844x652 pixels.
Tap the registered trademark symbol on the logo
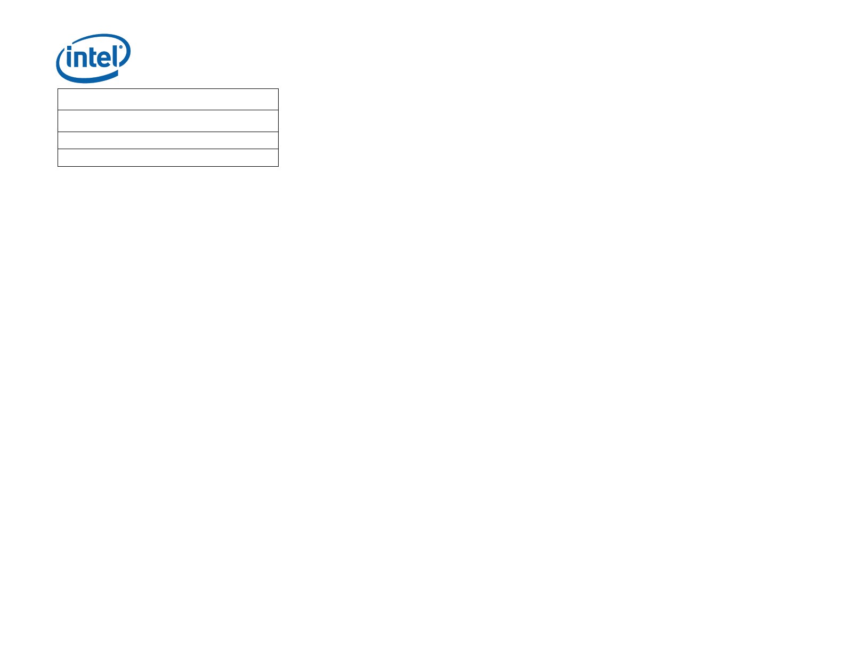[x=121, y=47]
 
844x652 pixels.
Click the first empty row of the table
[x=168, y=100]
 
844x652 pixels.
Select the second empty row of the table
[x=168, y=121]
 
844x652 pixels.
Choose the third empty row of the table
[x=168, y=141]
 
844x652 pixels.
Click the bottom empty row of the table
[x=168, y=158]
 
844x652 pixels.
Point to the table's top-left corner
[x=58, y=89]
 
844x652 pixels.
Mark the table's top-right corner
[x=278, y=89]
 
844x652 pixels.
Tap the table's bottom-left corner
[x=58, y=166]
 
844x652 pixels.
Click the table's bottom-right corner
[x=278, y=166]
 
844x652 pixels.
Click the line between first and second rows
[x=168, y=110]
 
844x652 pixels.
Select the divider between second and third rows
[x=168, y=132]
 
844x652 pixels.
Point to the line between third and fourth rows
[x=168, y=149]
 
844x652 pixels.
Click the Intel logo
[x=93, y=58]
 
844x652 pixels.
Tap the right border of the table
[x=278, y=128]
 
